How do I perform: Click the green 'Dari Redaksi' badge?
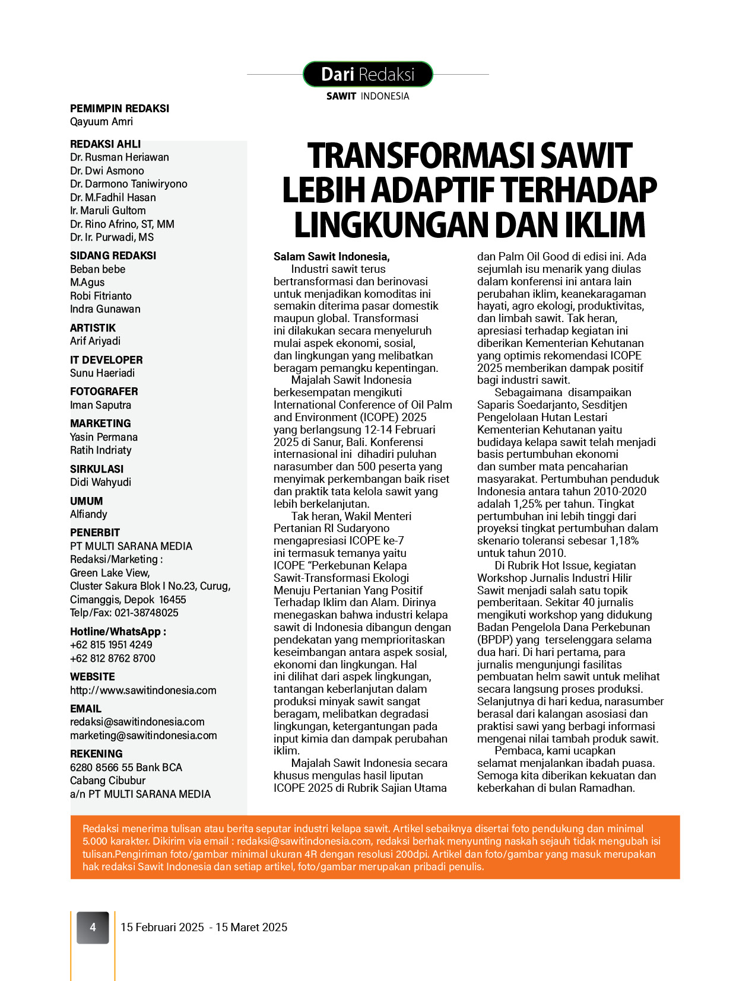pyautogui.click(x=367, y=74)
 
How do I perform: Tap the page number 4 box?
pyautogui.click(x=93, y=927)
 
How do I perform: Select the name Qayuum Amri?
pyautogui.click(x=101, y=122)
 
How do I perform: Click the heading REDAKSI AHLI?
pyautogui.click(x=106, y=144)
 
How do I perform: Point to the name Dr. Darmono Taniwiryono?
pyautogui.click(x=129, y=184)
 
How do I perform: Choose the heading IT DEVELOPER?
pyautogui.click(x=106, y=360)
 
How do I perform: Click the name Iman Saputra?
pyautogui.click(x=101, y=405)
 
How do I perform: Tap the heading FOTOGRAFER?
pyautogui.click(x=104, y=391)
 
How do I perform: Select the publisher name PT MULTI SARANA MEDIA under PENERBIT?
pyautogui.click(x=131, y=546)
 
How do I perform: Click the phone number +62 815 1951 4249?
pyautogui.click(x=111, y=645)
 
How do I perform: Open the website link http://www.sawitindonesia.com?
pyautogui.click(x=143, y=690)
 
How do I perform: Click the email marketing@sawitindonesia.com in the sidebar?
pyautogui.click(x=144, y=735)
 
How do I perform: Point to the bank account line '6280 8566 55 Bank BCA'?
pyautogui.click(x=126, y=767)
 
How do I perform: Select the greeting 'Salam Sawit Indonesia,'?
pyautogui.click(x=331, y=257)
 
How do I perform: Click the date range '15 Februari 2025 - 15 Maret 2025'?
pyautogui.click(x=204, y=927)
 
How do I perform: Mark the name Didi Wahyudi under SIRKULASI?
pyautogui.click(x=101, y=482)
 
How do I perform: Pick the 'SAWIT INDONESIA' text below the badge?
pyautogui.click(x=367, y=96)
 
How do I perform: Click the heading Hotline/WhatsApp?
pyautogui.click(x=118, y=632)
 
